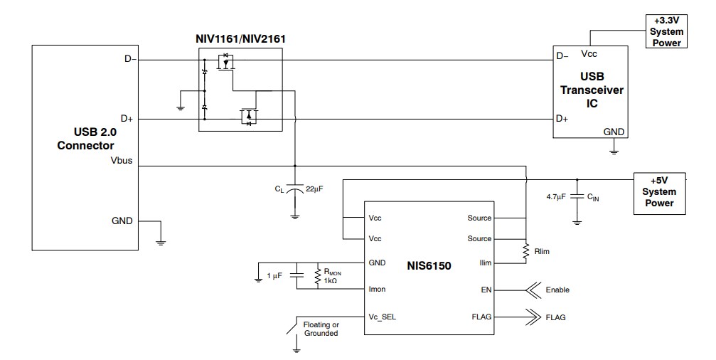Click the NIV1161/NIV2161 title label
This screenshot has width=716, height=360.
[x=240, y=38]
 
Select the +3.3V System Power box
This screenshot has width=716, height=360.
[x=667, y=32]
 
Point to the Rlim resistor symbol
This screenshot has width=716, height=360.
[x=526, y=250]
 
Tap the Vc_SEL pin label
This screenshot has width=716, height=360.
[x=382, y=317]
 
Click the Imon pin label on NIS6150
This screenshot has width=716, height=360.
[x=377, y=290]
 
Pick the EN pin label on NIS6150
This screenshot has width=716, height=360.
[x=486, y=290]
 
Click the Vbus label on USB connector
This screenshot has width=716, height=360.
[x=121, y=162]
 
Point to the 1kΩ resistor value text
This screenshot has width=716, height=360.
[x=330, y=281]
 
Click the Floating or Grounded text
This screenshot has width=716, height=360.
[x=321, y=329]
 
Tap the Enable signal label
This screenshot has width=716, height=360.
[x=557, y=290]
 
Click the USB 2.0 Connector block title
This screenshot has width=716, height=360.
[x=83, y=139]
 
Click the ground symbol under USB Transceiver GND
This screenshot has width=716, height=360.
[x=614, y=150]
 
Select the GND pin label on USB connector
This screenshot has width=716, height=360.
[x=122, y=221]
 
